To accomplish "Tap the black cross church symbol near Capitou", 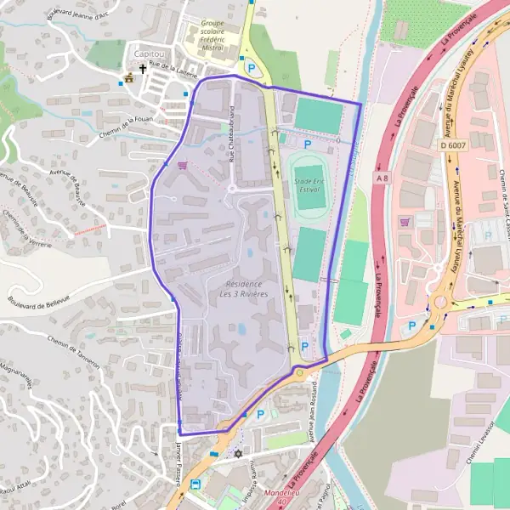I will [144, 71].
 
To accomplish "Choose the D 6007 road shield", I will [454, 144].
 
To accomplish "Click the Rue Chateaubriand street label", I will [230, 133].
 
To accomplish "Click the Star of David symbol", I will [237, 453].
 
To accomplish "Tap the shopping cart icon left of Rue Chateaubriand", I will [183, 166].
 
